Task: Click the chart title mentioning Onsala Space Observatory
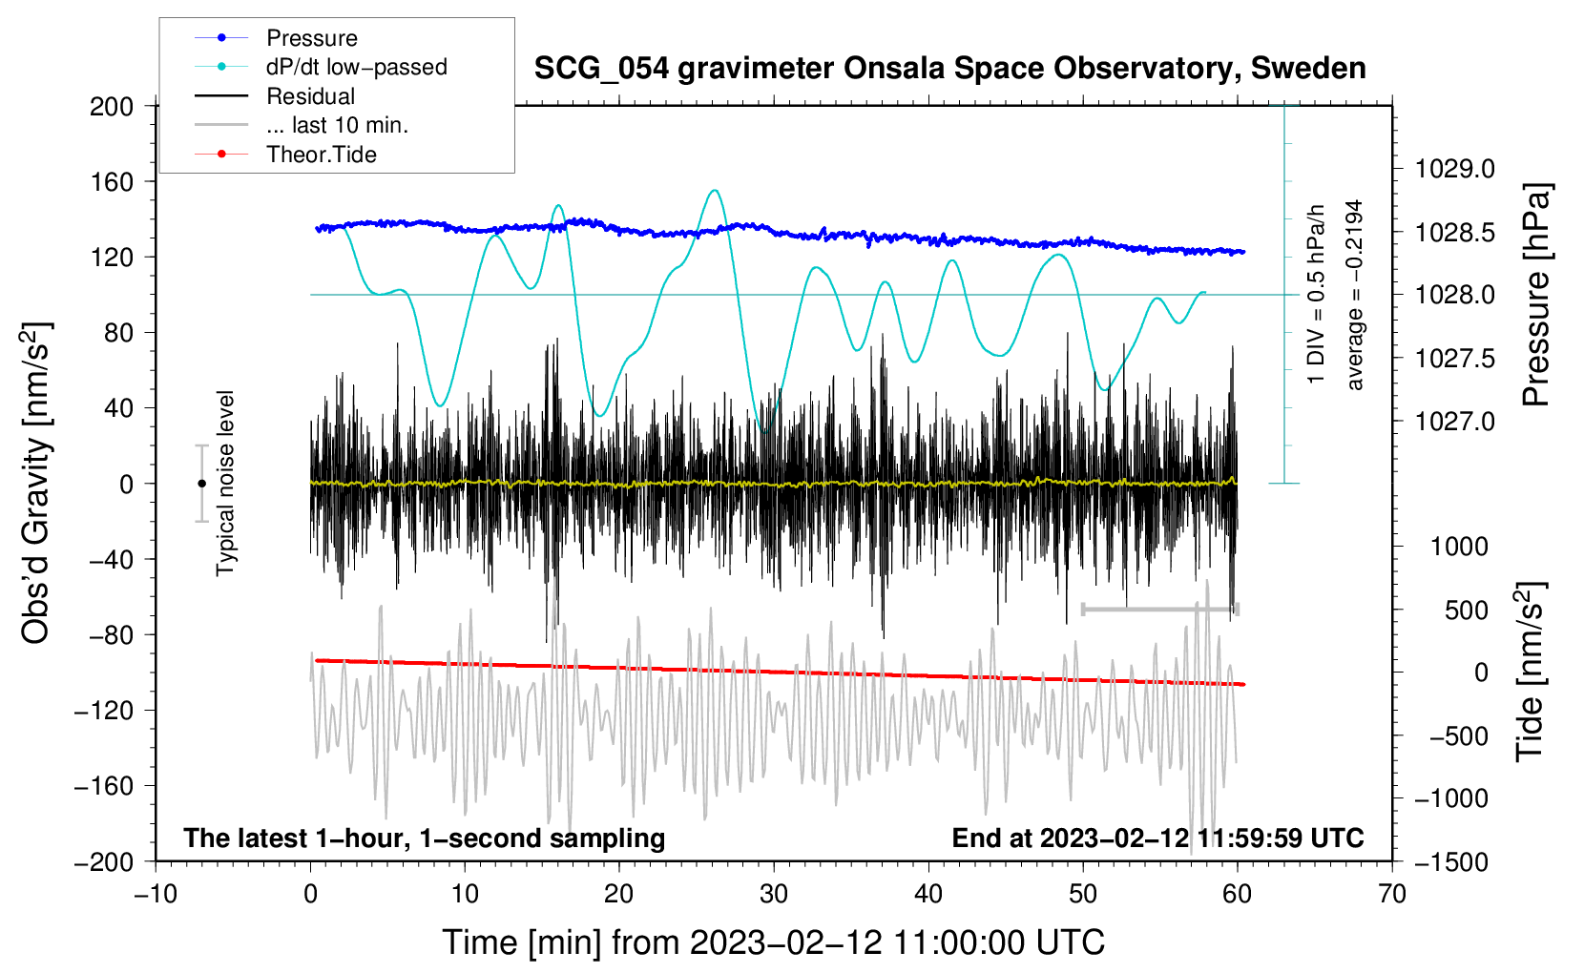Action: click(x=949, y=69)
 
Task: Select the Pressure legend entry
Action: click(x=311, y=38)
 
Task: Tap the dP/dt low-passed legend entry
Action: click(x=356, y=67)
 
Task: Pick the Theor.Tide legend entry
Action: click(x=321, y=155)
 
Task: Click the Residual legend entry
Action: click(x=310, y=96)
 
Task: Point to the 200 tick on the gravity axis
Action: click(x=112, y=106)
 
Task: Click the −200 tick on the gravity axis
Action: click(x=104, y=861)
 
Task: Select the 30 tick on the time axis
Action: click(x=774, y=894)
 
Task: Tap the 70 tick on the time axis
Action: click(x=1392, y=894)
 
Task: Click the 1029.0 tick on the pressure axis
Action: click(x=1455, y=169)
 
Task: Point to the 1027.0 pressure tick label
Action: click(x=1455, y=422)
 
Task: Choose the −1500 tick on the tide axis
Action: click(x=1450, y=861)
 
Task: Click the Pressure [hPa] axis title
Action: click(x=1536, y=295)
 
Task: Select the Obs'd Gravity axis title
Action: click(x=36, y=483)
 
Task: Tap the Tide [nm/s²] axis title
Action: click(x=1531, y=672)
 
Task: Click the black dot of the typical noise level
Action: click(x=201, y=484)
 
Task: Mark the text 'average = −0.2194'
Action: click(x=1354, y=295)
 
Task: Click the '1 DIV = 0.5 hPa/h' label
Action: click(x=1317, y=295)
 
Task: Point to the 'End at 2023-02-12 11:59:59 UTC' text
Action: click(x=1157, y=838)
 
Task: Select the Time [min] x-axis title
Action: click(x=774, y=942)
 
